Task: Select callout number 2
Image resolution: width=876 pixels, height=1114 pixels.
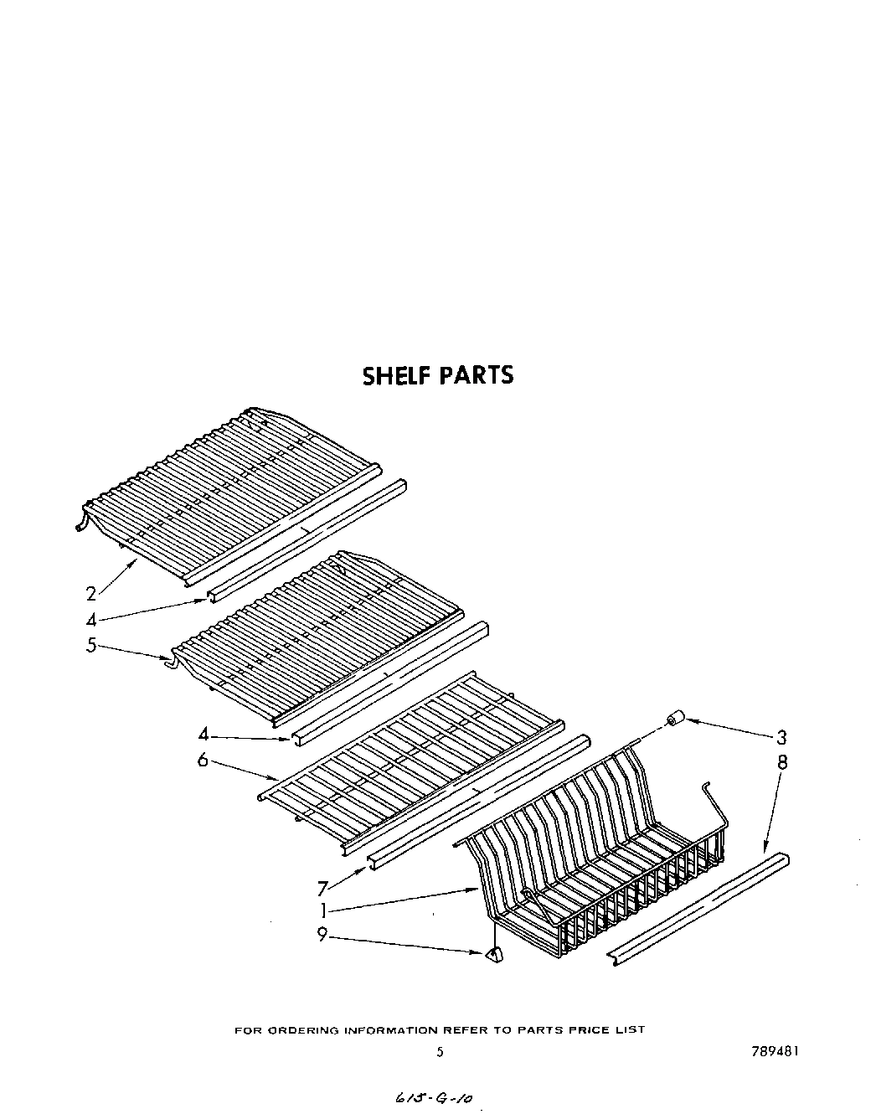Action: point(91,594)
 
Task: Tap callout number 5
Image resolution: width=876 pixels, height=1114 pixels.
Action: point(91,646)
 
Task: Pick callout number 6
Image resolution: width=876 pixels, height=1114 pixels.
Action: point(203,761)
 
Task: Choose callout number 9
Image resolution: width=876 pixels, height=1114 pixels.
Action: point(322,936)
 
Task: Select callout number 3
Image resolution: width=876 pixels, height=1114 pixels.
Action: point(781,738)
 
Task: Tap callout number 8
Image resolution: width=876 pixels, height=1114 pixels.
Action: point(781,763)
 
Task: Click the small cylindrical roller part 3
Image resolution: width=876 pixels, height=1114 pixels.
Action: point(675,719)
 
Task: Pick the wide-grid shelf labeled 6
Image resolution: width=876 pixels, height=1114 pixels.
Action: point(410,745)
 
